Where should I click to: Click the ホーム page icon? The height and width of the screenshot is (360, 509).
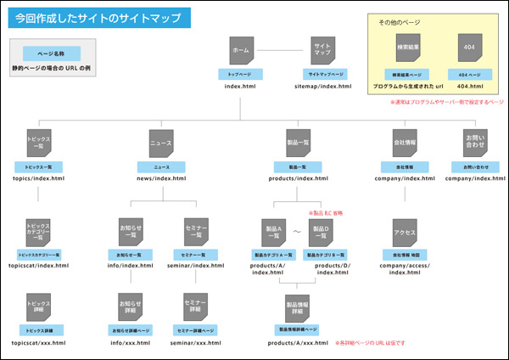(x=240, y=51)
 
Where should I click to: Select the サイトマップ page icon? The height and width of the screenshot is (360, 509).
(x=322, y=51)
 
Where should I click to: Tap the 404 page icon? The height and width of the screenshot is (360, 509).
(x=470, y=47)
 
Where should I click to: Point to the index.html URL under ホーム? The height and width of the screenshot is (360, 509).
(x=240, y=87)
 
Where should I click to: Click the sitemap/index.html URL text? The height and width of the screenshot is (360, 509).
(x=322, y=87)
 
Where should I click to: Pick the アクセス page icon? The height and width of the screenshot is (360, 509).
(x=405, y=231)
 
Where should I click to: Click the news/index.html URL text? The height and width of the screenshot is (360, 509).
(x=160, y=178)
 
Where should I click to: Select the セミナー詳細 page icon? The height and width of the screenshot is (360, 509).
(x=196, y=306)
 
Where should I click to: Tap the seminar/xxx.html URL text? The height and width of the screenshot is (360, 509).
(x=196, y=343)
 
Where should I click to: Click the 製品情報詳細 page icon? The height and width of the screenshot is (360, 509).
(x=298, y=306)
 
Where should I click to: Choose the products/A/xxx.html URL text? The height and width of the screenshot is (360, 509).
(x=298, y=343)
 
